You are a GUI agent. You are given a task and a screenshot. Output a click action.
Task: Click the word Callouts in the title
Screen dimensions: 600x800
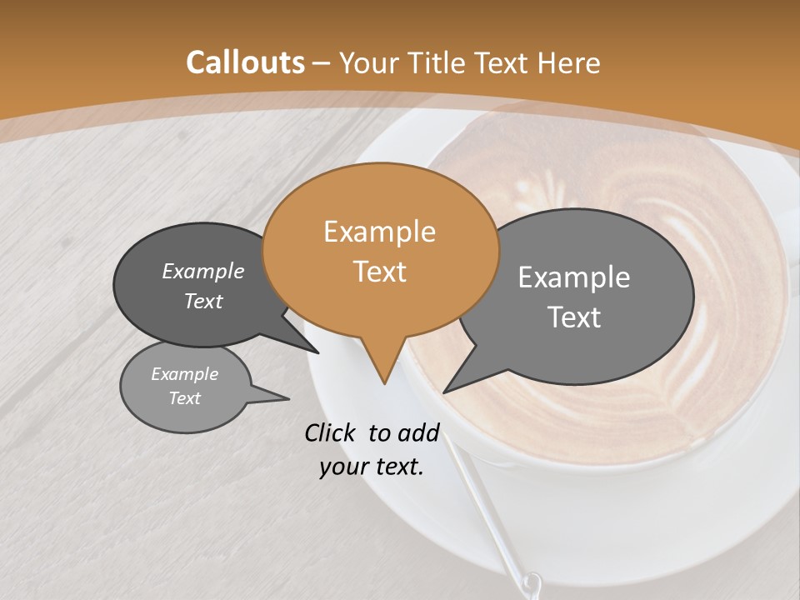(x=245, y=62)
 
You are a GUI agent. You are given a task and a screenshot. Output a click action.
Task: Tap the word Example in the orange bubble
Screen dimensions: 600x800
(x=379, y=232)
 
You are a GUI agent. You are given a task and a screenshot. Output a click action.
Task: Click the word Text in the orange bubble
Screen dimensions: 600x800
(x=379, y=272)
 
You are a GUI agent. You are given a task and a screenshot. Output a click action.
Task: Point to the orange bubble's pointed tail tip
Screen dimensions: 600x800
(x=384, y=382)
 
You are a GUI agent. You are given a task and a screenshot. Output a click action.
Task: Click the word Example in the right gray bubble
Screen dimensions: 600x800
(x=574, y=277)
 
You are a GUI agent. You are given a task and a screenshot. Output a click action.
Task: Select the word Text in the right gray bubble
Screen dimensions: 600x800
(x=574, y=317)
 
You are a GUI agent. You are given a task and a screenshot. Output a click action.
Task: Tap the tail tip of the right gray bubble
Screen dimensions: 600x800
(x=445, y=391)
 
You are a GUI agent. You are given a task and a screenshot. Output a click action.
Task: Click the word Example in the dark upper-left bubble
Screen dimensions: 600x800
(x=203, y=271)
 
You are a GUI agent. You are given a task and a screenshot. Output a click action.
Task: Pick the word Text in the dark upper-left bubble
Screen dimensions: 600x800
(x=203, y=301)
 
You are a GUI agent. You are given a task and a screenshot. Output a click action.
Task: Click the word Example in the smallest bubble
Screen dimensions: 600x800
(x=184, y=374)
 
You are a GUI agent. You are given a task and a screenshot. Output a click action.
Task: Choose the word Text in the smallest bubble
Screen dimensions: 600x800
(x=184, y=398)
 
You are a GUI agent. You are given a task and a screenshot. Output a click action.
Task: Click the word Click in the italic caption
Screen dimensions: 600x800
(x=331, y=432)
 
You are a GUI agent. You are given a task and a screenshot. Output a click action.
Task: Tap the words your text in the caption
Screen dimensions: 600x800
(x=372, y=467)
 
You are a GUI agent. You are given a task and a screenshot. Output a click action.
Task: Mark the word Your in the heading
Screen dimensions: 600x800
(x=367, y=62)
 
